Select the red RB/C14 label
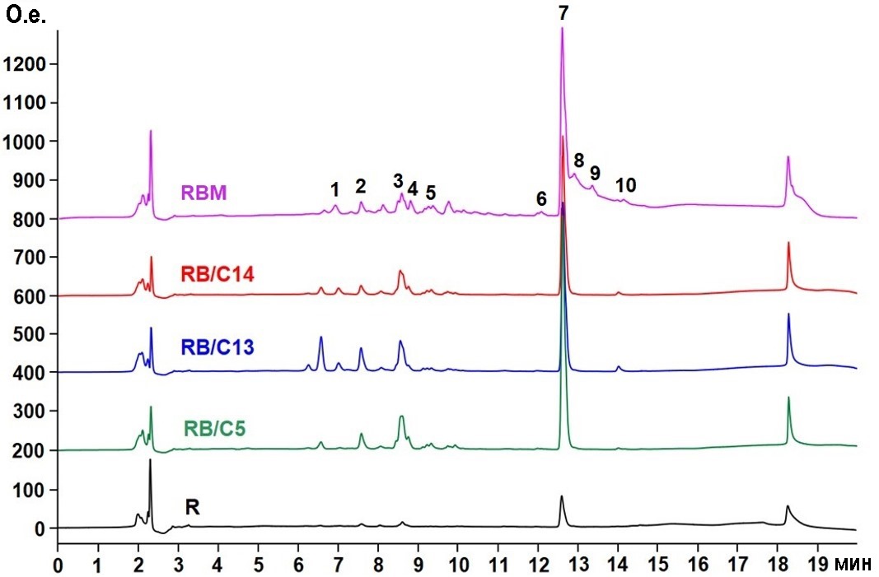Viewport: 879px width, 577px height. point(216,274)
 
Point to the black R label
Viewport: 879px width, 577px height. point(193,510)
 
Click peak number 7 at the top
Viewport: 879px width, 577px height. point(563,12)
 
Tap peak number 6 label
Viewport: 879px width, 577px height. point(541,198)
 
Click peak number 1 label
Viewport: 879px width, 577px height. point(335,189)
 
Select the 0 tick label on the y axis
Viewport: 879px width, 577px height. point(38,528)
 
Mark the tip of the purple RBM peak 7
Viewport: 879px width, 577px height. point(562,28)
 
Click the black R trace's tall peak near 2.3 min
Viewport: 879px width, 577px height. point(150,460)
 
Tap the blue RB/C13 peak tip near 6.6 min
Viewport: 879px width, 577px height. point(320,337)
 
